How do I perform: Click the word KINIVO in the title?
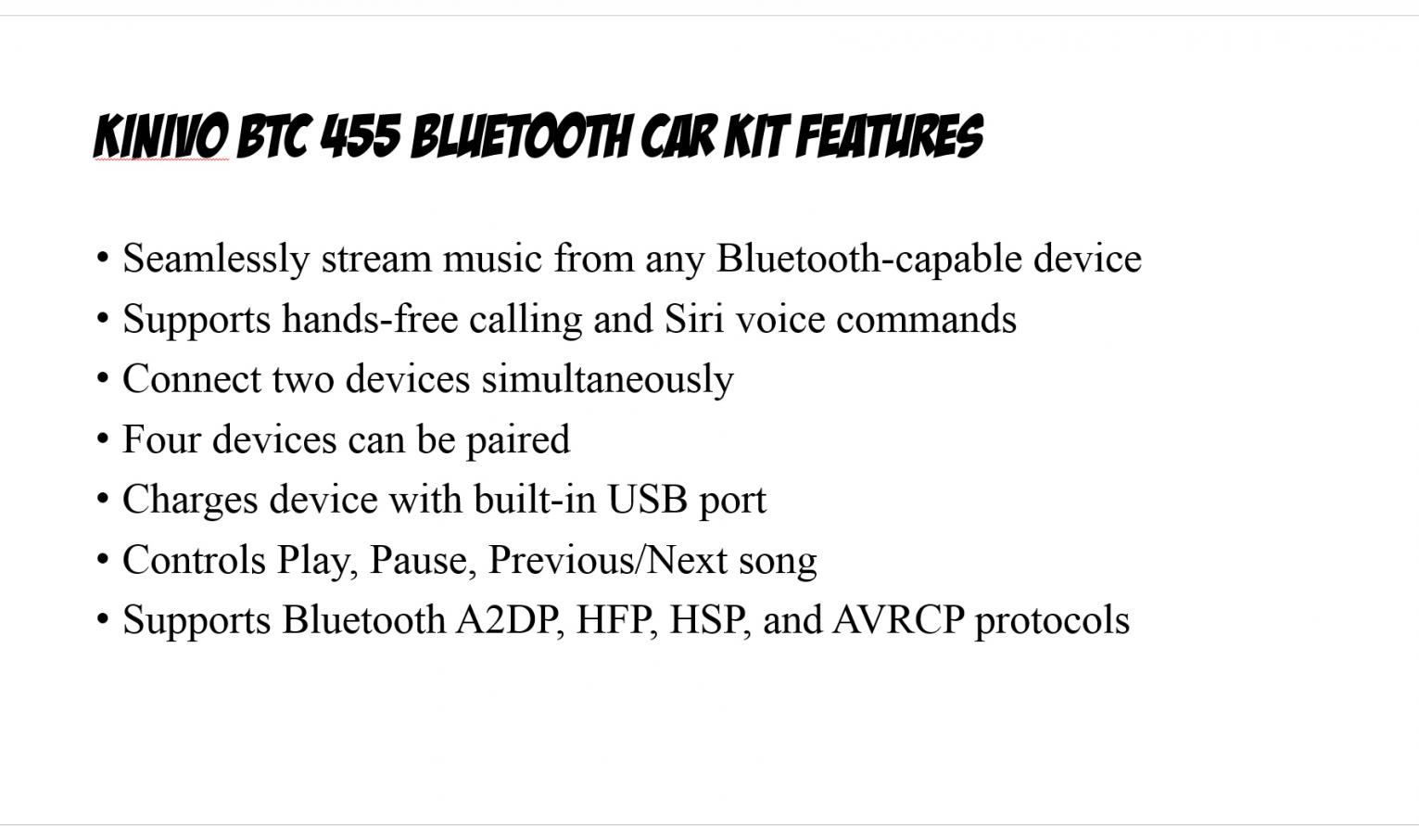(x=161, y=135)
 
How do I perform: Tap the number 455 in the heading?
(x=361, y=135)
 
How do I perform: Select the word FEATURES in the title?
(x=890, y=135)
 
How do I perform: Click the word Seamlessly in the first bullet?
(x=216, y=260)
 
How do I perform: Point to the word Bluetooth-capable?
(x=869, y=260)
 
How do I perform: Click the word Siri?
(x=693, y=318)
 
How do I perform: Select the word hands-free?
(x=370, y=318)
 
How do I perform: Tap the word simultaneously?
(x=607, y=379)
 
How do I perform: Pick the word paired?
(x=518, y=440)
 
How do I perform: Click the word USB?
(x=648, y=499)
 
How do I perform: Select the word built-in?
(x=536, y=499)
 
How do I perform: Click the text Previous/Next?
(x=607, y=560)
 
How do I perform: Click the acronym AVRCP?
(x=898, y=619)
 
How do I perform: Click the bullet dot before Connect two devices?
(x=103, y=378)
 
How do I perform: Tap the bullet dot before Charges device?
(x=103, y=499)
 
